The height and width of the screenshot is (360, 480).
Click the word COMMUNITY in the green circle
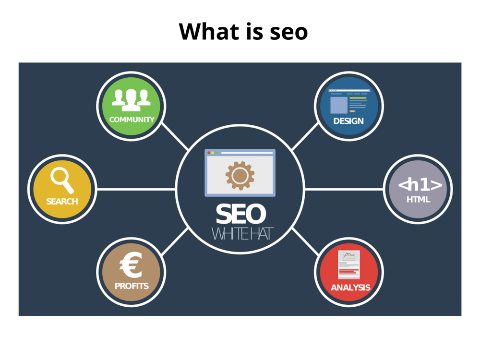132,120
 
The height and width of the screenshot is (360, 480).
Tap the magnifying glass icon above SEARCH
62,180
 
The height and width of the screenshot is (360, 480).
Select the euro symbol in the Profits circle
131,264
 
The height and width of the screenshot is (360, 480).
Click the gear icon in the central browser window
240,175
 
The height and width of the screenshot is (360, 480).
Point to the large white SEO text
240,214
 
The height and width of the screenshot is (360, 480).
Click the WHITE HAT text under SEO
242,234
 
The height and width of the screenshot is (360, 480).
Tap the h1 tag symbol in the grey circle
420,185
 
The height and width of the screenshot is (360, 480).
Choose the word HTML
418,200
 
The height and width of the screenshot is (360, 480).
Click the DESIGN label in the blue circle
348,121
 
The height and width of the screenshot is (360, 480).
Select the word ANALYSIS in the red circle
350,288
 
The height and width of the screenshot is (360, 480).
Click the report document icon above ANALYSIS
348,265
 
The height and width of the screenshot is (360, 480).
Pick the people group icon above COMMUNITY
131,100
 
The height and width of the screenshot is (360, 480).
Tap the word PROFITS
132,286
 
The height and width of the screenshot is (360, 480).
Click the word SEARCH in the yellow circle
62,202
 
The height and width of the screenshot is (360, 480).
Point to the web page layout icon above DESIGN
349,101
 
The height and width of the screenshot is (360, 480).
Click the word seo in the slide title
288,32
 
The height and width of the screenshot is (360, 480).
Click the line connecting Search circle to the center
136,190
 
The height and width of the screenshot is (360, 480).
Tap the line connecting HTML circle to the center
344,190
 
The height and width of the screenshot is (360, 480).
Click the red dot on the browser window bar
209,153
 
